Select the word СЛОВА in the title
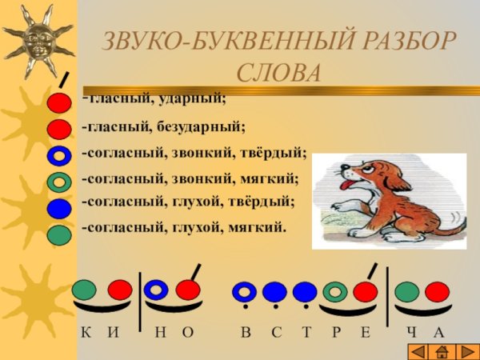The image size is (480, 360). (279, 72)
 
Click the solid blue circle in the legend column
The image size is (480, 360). (59, 209)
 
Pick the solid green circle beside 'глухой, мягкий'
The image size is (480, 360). (59, 235)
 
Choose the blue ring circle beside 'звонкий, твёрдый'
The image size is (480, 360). (59, 155)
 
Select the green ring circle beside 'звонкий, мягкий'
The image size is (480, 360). (59, 182)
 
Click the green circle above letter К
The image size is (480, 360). (86, 290)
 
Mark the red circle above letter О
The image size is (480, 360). (187, 290)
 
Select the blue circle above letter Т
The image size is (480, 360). (305, 292)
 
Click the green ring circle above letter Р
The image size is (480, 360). (335, 292)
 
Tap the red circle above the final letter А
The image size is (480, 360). (437, 292)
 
